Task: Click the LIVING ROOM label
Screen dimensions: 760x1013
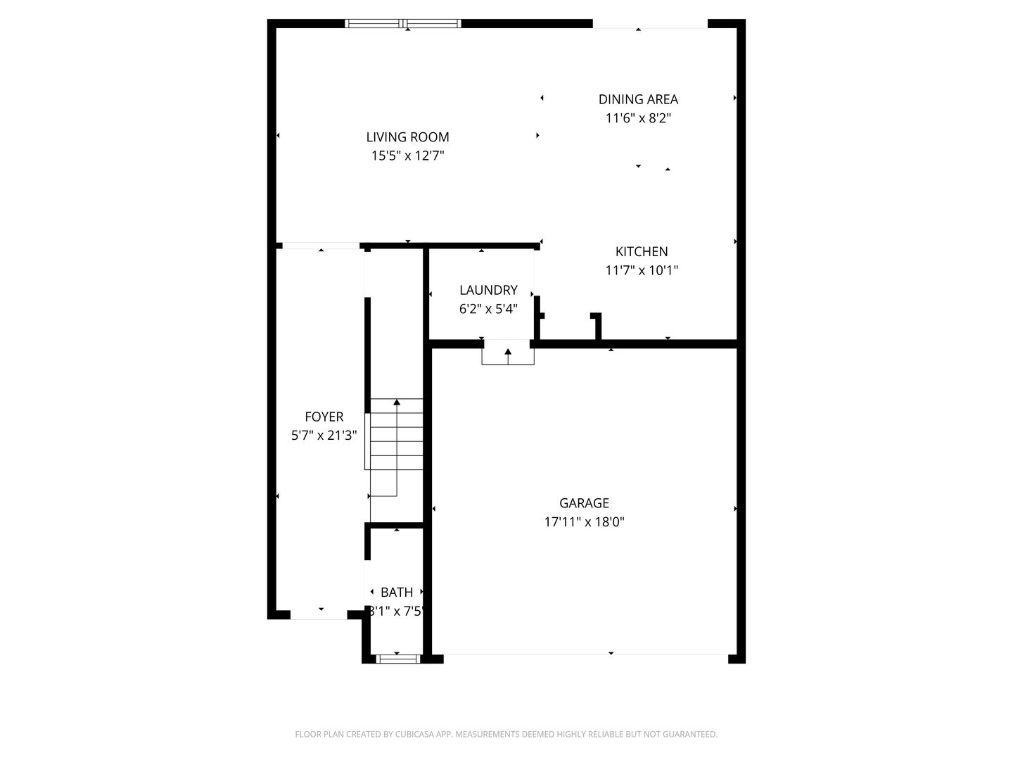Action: click(407, 137)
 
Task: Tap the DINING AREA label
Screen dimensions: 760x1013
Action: click(638, 99)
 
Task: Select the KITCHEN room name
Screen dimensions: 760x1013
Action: click(642, 251)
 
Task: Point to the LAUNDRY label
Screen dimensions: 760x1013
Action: click(488, 290)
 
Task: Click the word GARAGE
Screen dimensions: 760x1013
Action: click(584, 503)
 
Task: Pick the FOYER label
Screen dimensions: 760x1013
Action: click(324, 417)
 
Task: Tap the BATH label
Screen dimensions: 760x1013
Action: click(397, 593)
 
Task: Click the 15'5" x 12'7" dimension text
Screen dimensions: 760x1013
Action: click(407, 156)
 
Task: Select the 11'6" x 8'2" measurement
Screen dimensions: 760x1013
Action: click(638, 118)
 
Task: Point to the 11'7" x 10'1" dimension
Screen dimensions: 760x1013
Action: click(642, 270)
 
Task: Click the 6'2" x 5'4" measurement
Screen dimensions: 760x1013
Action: click(488, 308)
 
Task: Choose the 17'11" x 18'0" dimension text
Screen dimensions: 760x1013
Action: click(584, 522)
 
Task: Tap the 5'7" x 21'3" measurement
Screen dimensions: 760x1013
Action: click(324, 436)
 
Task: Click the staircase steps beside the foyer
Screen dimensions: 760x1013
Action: click(397, 436)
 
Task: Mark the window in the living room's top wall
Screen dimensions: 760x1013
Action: click(403, 24)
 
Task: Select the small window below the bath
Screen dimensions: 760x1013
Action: click(397, 659)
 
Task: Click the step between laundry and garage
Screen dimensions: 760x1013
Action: click(508, 353)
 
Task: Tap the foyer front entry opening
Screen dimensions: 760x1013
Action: click(319, 615)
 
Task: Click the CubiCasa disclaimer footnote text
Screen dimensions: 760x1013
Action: click(506, 735)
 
